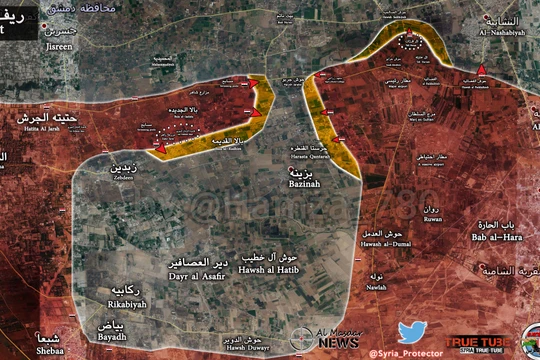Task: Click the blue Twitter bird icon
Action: (x=412, y=332)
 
